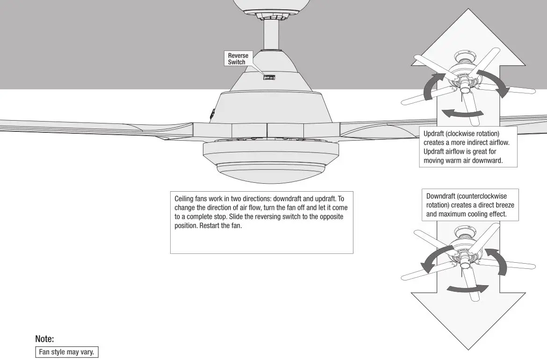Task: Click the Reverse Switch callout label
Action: click(x=238, y=59)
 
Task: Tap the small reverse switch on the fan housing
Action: click(x=268, y=77)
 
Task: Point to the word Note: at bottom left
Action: click(x=44, y=339)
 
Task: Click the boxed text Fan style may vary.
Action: click(x=67, y=352)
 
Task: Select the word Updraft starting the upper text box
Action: click(x=434, y=134)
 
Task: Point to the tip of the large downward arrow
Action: click(x=468, y=348)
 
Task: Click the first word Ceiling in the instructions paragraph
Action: click(x=184, y=198)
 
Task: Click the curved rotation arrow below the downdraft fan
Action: click(x=465, y=288)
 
